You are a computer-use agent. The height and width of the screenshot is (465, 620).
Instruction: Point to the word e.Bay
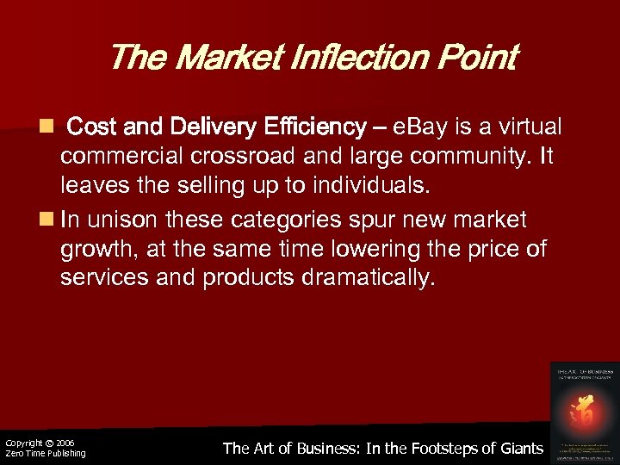425,128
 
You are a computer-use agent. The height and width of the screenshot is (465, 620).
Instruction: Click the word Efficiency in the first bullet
318,128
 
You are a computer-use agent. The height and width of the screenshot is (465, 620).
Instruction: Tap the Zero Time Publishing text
45,453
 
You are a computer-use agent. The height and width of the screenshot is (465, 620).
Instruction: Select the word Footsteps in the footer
436,448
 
